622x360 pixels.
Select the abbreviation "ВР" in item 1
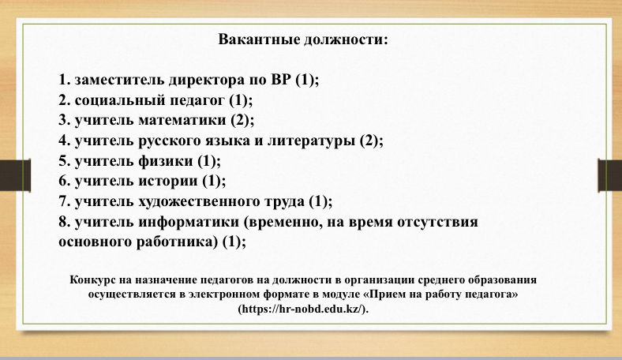(x=281, y=80)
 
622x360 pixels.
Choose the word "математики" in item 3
(x=182, y=120)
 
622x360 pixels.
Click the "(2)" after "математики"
(x=241, y=120)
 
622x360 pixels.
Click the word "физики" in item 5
(x=166, y=161)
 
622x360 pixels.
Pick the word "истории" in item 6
(x=168, y=181)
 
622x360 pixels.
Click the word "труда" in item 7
(x=287, y=201)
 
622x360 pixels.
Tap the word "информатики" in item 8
(x=189, y=222)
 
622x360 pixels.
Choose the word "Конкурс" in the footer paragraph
(x=92, y=279)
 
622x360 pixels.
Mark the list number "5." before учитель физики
(x=65, y=161)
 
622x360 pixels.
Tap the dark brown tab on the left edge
(x=15, y=175)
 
